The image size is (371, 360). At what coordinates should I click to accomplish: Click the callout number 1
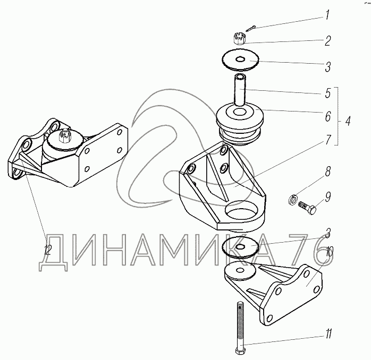coord(327,16)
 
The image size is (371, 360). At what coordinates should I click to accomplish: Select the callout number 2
coord(328,41)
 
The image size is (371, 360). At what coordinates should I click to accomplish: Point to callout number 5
coord(328,94)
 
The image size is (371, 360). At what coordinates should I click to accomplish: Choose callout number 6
coord(328,116)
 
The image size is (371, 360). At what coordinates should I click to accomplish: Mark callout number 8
coord(327,173)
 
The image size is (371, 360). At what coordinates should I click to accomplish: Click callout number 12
coord(47,250)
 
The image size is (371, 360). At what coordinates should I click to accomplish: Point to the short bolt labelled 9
coord(308,208)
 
